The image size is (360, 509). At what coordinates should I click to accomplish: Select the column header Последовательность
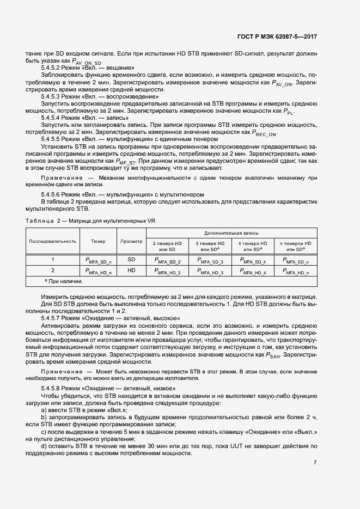[52, 241]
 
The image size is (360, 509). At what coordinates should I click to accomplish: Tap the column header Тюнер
[99, 241]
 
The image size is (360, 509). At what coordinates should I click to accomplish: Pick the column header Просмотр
[131, 241]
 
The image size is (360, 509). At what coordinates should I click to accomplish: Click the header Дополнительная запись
[233, 232]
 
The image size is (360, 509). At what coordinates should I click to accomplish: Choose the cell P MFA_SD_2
[168, 261]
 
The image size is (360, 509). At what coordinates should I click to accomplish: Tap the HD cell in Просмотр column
[131, 270]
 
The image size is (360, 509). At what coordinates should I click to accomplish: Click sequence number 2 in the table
[53, 270]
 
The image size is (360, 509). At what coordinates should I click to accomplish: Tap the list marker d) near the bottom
[44, 445]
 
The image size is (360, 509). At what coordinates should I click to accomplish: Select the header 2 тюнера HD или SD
[168, 246]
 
